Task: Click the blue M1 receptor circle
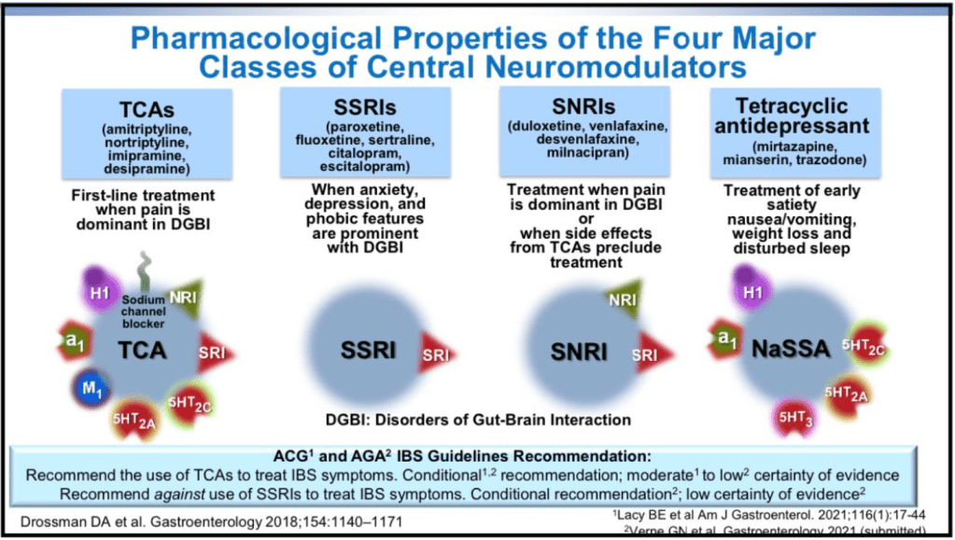[92, 388]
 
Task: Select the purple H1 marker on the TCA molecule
[100, 291]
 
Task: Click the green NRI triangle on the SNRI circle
[625, 298]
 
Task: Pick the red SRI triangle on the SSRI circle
[436, 353]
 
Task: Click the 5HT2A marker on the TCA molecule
[134, 419]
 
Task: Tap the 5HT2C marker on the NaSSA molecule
[864, 346]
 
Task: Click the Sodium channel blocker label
[143, 312]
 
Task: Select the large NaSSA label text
[791, 349]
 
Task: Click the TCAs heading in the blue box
[147, 109]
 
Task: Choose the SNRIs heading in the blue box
[583, 106]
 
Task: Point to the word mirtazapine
[794, 146]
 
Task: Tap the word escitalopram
[365, 166]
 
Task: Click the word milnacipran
[587, 152]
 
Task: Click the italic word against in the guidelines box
[179, 494]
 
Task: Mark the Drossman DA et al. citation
[211, 521]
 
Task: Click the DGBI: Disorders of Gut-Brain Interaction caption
[478, 420]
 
